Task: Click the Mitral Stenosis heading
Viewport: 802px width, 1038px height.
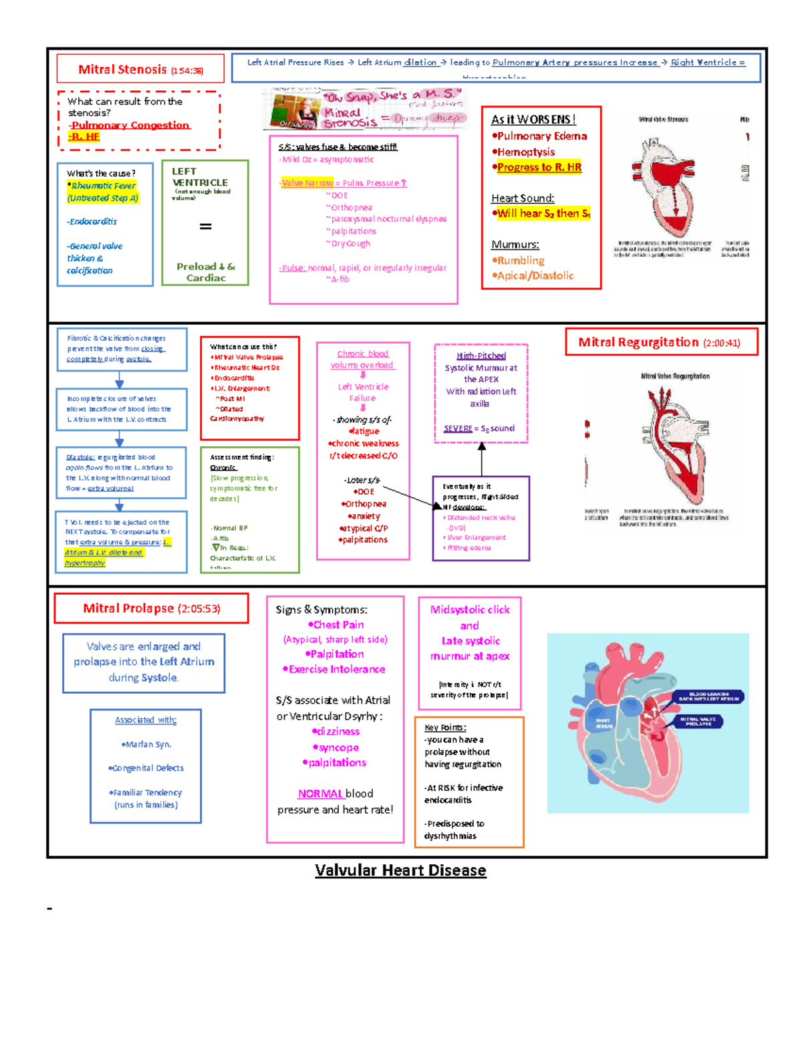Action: [x=122, y=70]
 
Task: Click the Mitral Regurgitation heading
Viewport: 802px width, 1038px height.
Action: [x=638, y=342]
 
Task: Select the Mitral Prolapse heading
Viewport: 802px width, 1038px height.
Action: [x=128, y=608]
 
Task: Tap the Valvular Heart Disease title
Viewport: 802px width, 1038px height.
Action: [x=400, y=870]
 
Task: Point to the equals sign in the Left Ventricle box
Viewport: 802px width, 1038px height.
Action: [x=206, y=227]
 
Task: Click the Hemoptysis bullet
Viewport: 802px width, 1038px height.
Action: [x=525, y=152]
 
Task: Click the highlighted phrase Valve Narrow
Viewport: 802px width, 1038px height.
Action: [x=307, y=183]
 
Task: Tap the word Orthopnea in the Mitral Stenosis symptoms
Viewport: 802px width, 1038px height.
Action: [x=352, y=208]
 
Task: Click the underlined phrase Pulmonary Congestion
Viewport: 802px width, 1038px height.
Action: [x=130, y=125]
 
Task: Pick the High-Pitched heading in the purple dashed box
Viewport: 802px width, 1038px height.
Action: [x=481, y=356]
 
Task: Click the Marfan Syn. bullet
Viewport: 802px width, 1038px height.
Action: [x=146, y=744]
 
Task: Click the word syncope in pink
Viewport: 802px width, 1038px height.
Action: [x=338, y=747]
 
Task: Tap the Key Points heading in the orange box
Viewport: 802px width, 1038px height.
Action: [x=445, y=727]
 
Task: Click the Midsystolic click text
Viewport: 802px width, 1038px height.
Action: [x=470, y=610]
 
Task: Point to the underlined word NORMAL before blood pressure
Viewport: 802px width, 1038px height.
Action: [x=320, y=793]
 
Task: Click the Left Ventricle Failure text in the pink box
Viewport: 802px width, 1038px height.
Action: [x=362, y=392]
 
